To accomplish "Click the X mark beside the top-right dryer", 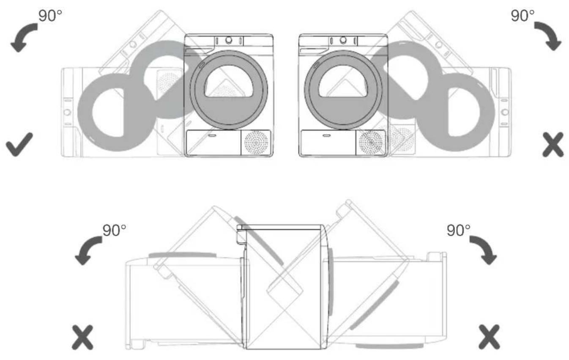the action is [553, 145].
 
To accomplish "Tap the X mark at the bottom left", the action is [82, 337].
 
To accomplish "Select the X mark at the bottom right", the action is [489, 337].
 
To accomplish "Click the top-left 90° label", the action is [50, 16].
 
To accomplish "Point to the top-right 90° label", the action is [522, 16].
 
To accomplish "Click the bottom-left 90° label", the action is [114, 230].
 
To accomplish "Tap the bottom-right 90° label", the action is [459, 230].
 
